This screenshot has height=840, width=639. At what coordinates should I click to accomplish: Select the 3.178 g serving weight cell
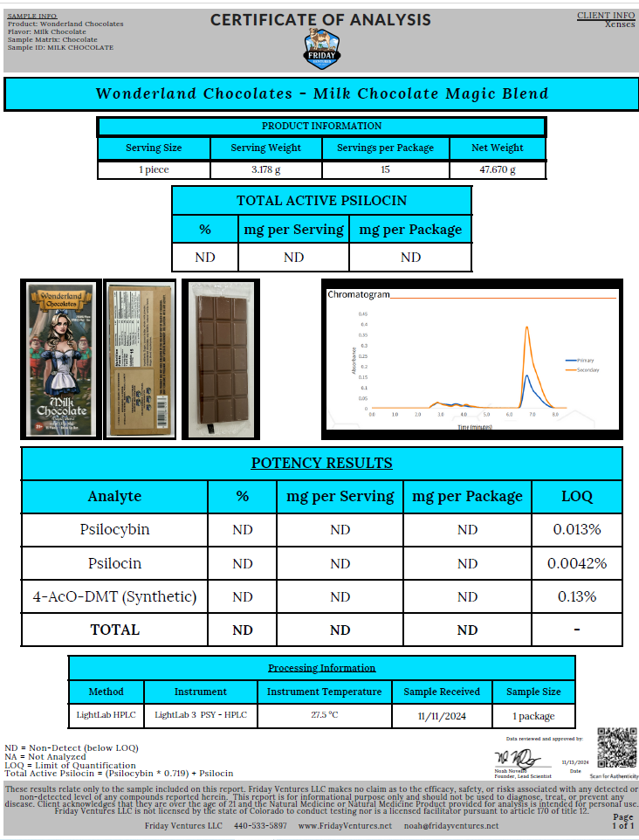(265, 170)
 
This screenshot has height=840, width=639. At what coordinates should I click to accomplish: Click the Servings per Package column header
(385, 148)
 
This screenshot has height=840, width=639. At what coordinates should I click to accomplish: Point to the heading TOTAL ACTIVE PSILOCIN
(321, 201)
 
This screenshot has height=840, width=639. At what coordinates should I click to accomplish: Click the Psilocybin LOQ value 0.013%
(576, 529)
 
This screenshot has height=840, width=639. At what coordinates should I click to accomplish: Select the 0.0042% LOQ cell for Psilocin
(576, 563)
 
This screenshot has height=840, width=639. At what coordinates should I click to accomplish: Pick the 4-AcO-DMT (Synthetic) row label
(114, 596)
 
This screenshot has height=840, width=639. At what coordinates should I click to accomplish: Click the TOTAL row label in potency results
(114, 630)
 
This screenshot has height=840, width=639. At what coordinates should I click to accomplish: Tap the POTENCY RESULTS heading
(321, 463)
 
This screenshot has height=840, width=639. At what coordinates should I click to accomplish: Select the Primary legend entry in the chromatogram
(582, 360)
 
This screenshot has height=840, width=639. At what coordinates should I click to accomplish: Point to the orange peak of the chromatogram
(527, 328)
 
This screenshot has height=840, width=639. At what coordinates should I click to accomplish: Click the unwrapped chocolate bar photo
(220, 358)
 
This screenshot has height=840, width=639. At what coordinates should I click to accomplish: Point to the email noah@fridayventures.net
(452, 825)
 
